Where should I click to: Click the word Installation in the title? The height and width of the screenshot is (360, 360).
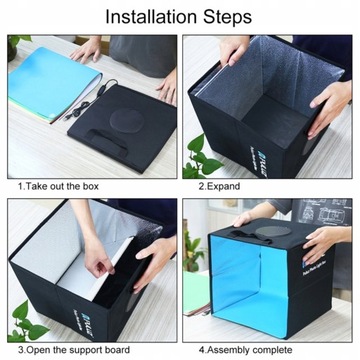click(152, 17)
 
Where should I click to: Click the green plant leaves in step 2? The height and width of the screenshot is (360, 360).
click(203, 158)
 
